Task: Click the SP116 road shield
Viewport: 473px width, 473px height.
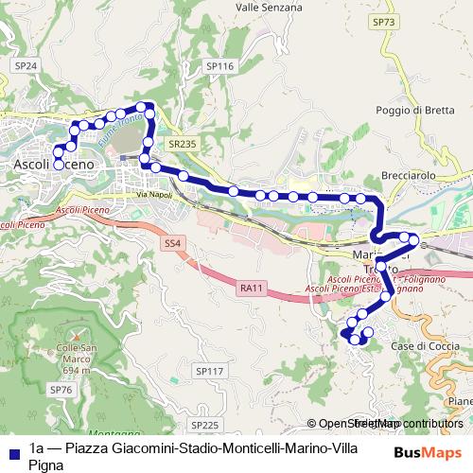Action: [x=219, y=66]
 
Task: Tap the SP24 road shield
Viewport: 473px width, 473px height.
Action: [x=26, y=65]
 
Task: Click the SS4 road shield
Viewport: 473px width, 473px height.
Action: [x=171, y=244]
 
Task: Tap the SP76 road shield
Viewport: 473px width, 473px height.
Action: [x=61, y=390]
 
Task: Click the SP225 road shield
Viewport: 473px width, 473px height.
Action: [x=203, y=426]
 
